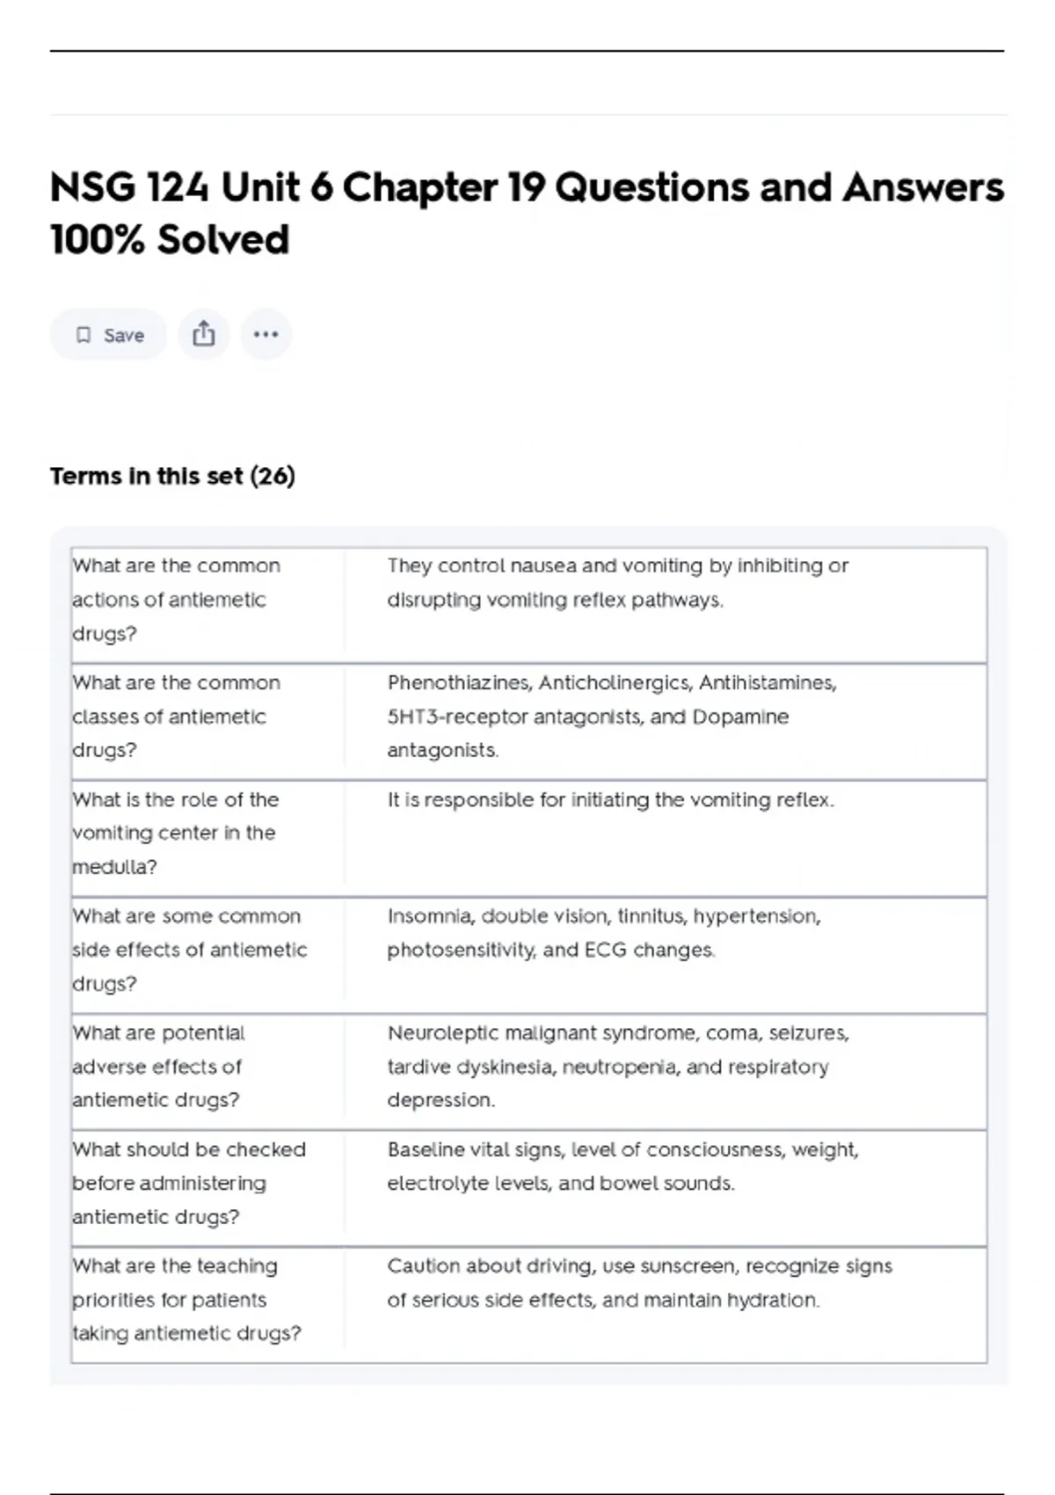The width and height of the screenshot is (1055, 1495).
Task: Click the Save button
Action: click(x=108, y=335)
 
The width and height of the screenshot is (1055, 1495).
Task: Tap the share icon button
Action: click(x=204, y=335)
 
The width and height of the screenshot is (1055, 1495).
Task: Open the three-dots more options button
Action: click(x=266, y=335)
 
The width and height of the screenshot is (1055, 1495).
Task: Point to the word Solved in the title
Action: click(x=223, y=240)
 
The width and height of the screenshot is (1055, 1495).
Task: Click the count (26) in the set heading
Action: click(x=273, y=477)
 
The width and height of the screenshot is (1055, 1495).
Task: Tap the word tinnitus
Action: click(x=651, y=916)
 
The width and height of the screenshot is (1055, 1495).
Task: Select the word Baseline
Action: click(x=426, y=1150)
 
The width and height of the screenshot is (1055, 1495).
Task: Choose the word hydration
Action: click(x=770, y=1300)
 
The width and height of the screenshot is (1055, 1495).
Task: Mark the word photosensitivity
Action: click(x=461, y=951)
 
